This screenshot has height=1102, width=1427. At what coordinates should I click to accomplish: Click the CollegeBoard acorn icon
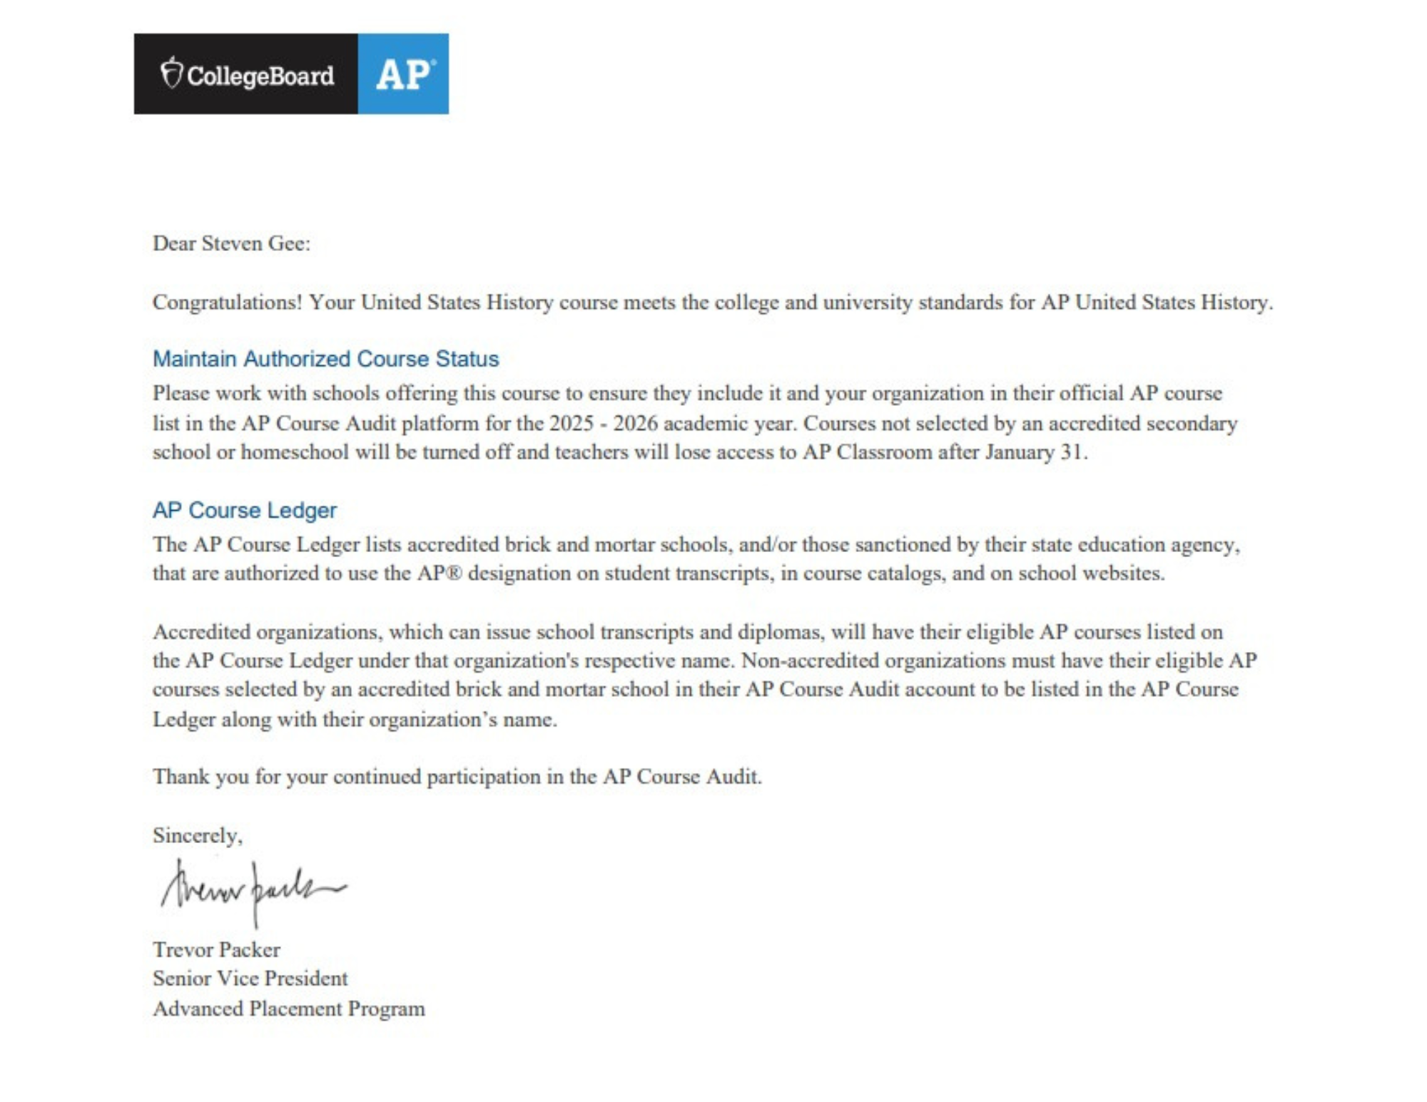[x=171, y=73]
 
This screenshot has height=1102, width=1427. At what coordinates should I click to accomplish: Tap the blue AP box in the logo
[x=403, y=74]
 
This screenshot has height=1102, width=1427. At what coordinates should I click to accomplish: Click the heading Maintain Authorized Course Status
[x=325, y=359]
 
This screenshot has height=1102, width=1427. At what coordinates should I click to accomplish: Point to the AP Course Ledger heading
[x=244, y=510]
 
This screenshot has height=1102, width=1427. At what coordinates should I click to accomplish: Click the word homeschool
[x=295, y=452]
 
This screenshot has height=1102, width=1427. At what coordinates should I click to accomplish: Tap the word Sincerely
[x=197, y=835]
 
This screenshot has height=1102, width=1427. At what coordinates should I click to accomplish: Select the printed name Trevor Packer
[x=216, y=949]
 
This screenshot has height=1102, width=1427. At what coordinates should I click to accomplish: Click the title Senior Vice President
[x=250, y=978]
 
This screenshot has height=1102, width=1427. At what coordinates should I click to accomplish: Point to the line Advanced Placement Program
[x=288, y=1009]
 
